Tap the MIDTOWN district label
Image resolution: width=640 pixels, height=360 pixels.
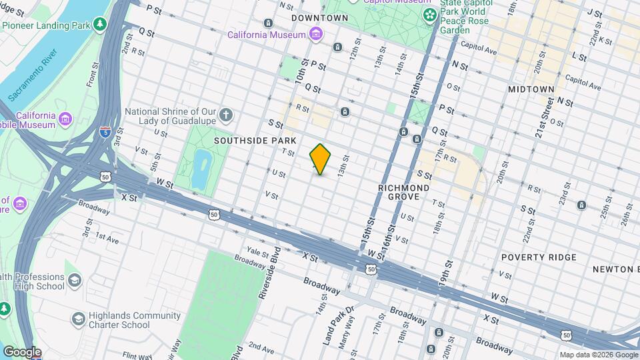click(x=531, y=89)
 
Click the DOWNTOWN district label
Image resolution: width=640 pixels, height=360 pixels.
click(x=319, y=17)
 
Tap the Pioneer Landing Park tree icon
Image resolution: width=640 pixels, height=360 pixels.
click(x=100, y=25)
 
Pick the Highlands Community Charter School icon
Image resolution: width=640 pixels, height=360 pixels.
click(x=78, y=320)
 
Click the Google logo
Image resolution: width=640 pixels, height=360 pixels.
click(x=22, y=352)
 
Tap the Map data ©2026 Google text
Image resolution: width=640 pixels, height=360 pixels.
click(x=598, y=355)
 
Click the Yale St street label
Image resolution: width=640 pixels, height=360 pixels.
click(x=256, y=251)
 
